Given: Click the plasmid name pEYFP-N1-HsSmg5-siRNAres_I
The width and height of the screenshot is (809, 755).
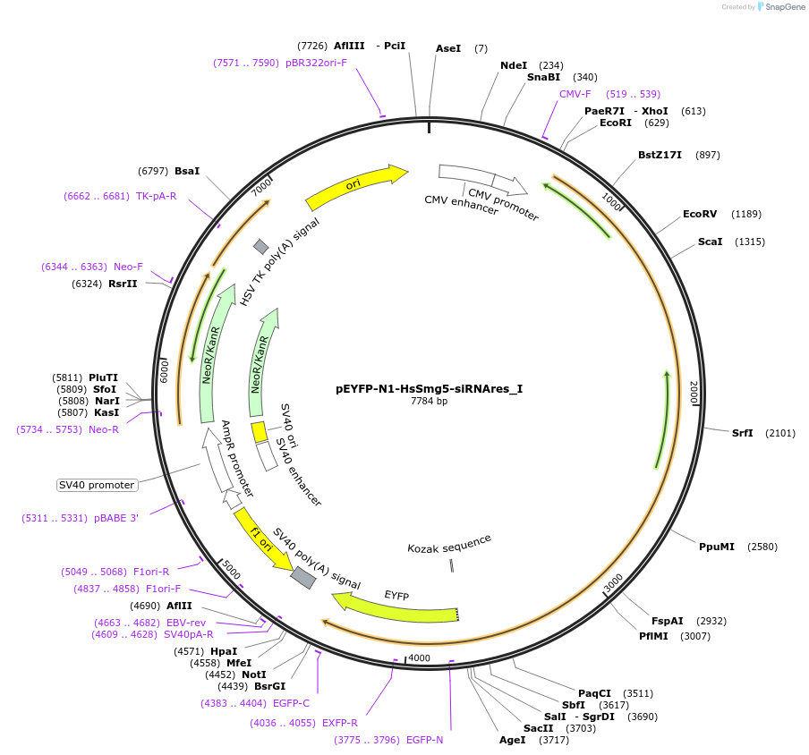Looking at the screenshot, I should [429, 389].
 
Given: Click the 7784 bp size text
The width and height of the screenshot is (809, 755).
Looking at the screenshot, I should [429, 402].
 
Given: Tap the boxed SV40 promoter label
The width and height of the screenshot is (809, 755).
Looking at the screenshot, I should [97, 485].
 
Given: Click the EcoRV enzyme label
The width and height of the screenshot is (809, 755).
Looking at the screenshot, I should [700, 214].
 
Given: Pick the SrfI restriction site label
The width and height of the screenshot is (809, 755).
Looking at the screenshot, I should [743, 433].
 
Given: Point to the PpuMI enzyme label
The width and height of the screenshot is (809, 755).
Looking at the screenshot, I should [716, 547].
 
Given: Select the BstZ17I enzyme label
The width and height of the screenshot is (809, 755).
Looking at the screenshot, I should [660, 155].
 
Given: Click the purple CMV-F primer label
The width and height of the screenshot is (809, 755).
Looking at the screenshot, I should [575, 94].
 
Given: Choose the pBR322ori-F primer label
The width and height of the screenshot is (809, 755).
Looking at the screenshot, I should [316, 63].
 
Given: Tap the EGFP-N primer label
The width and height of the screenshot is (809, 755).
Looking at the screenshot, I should [424, 740].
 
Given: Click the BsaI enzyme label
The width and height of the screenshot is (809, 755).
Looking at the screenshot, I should [187, 170].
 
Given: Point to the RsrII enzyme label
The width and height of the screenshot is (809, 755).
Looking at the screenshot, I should [123, 284].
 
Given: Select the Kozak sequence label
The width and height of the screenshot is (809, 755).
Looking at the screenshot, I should [449, 543].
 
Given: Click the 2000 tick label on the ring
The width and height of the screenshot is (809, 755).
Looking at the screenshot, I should [694, 392].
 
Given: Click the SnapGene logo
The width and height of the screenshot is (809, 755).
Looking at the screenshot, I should [779, 7].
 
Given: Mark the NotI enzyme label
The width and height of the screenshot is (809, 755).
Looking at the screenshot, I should [254, 674].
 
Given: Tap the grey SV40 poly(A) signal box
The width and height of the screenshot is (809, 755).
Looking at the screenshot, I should [303, 578].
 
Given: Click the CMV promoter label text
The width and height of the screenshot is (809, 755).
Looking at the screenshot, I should [503, 205].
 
